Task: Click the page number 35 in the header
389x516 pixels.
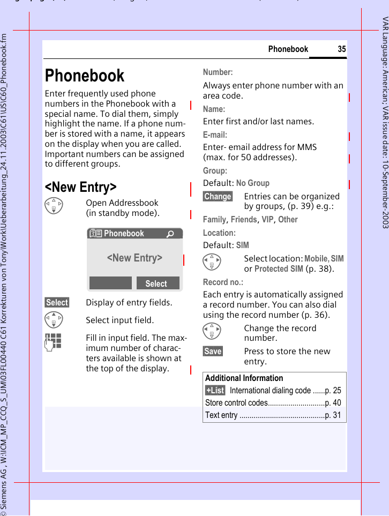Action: (x=342, y=49)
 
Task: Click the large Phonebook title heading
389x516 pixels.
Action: (x=85, y=76)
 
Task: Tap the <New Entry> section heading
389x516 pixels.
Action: (x=80, y=187)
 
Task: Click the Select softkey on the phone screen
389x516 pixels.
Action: (x=156, y=283)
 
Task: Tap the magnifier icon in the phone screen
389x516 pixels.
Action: (x=170, y=234)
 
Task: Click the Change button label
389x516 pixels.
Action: (x=218, y=197)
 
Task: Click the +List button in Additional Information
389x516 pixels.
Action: (x=215, y=390)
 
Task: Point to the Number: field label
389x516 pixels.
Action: (x=218, y=72)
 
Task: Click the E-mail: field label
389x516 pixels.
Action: (x=215, y=134)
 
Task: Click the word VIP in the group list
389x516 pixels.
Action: (x=267, y=219)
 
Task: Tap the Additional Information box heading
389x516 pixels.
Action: (x=244, y=378)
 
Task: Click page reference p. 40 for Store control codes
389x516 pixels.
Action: (x=333, y=402)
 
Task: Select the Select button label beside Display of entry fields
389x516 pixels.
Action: (x=57, y=303)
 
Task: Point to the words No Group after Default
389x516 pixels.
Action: (x=253, y=183)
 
